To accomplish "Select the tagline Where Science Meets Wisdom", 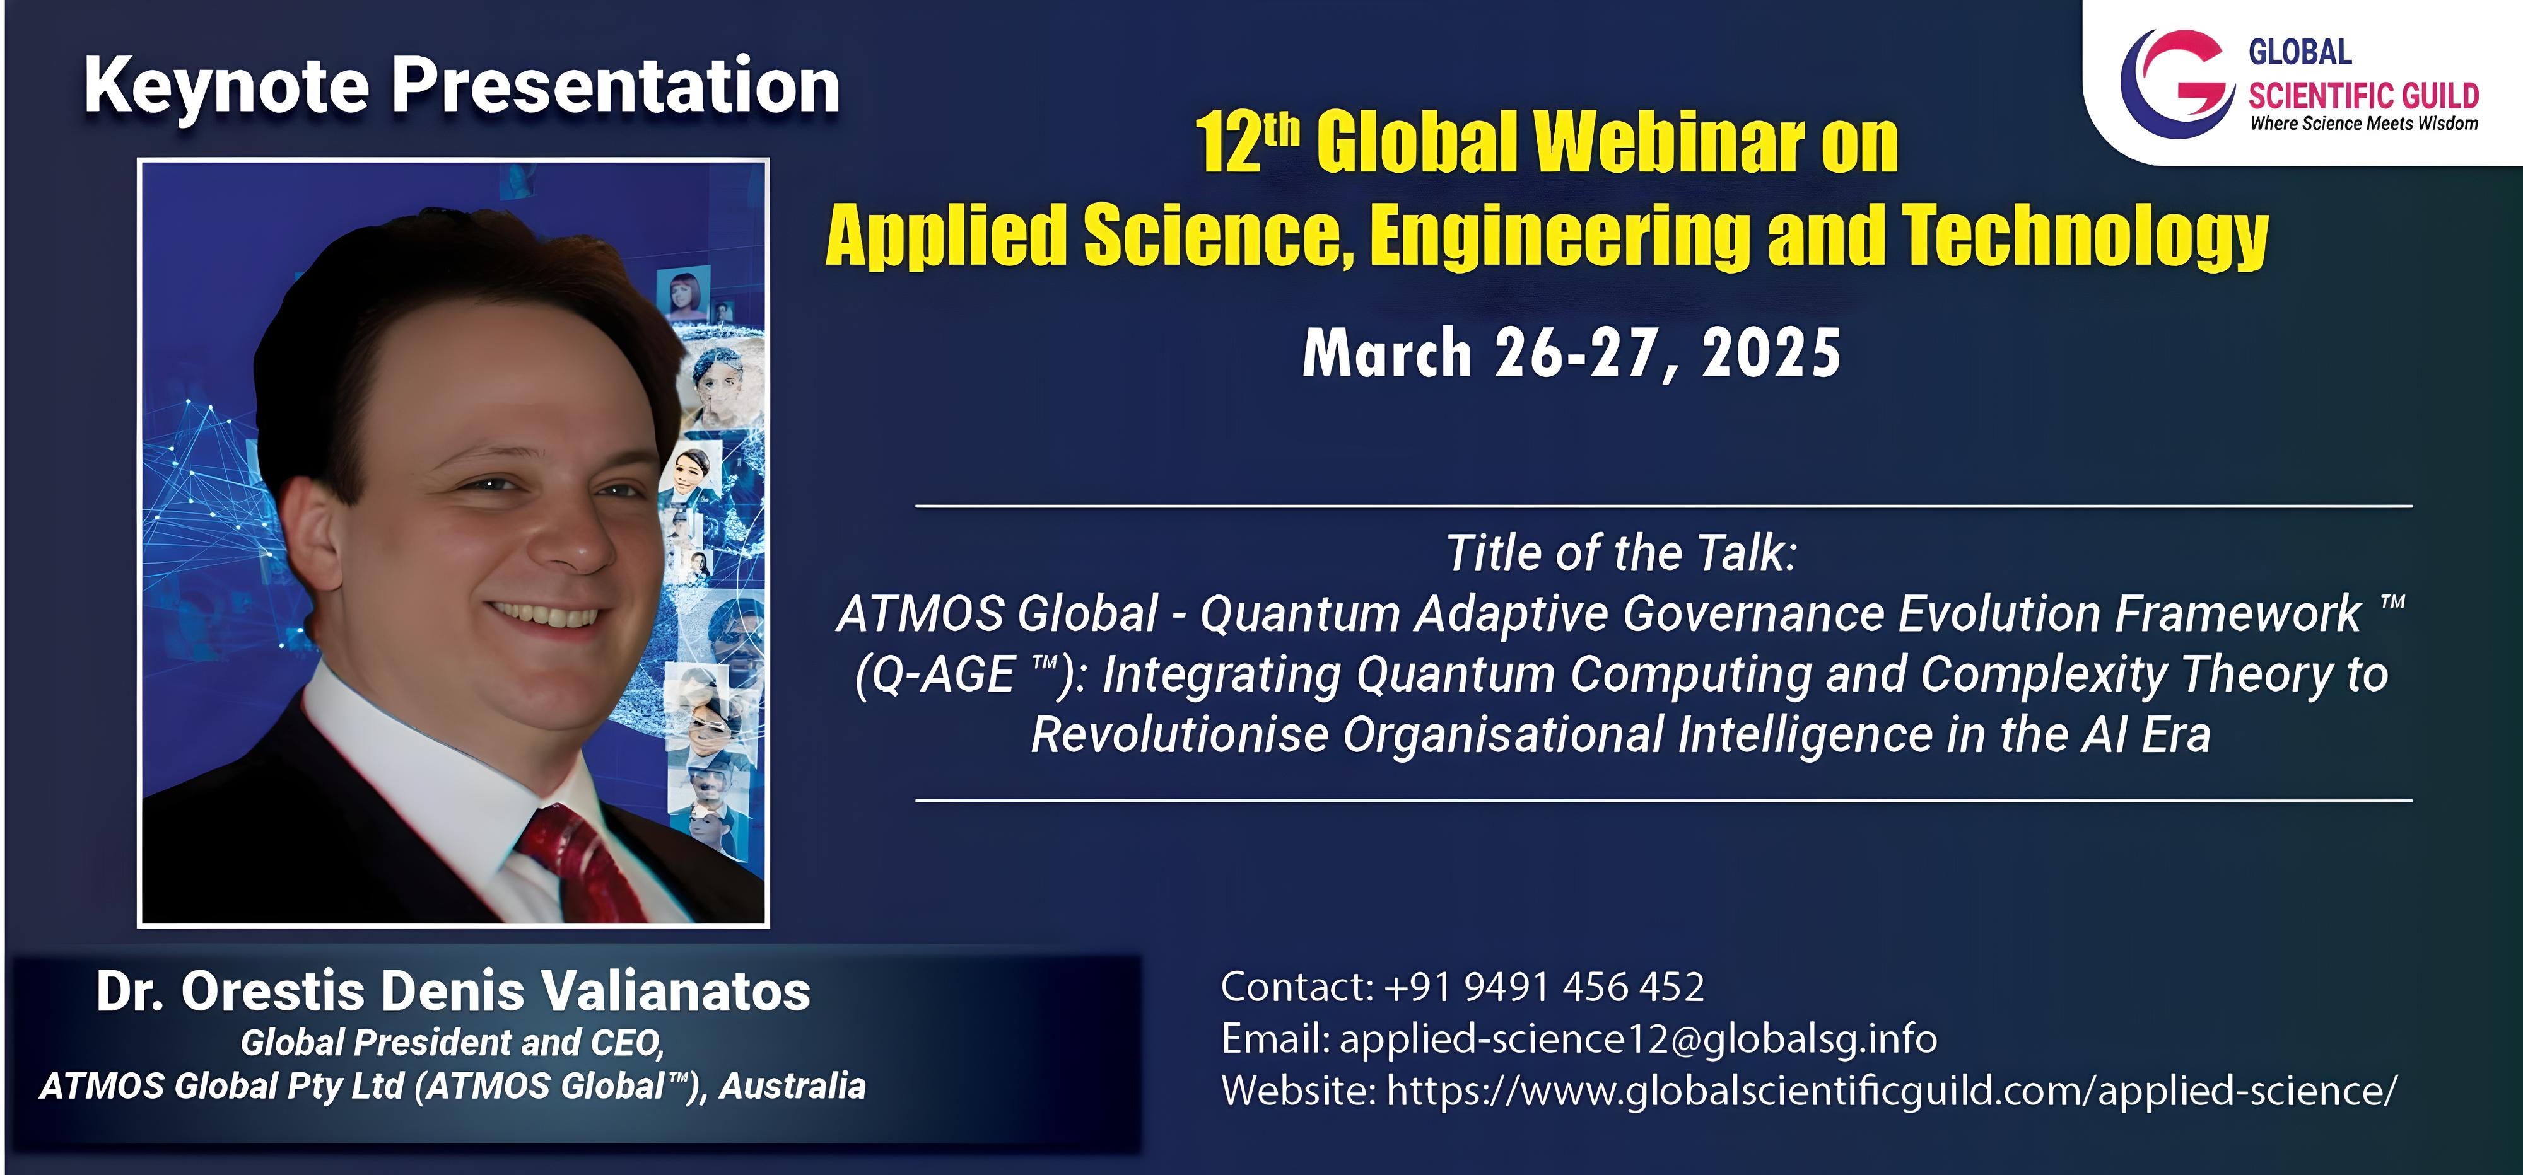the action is coord(2364,124).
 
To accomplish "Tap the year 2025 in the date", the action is coord(1771,354).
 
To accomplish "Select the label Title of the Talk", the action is coord(1622,553).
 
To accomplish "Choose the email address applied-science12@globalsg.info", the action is coord(1637,1039).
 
